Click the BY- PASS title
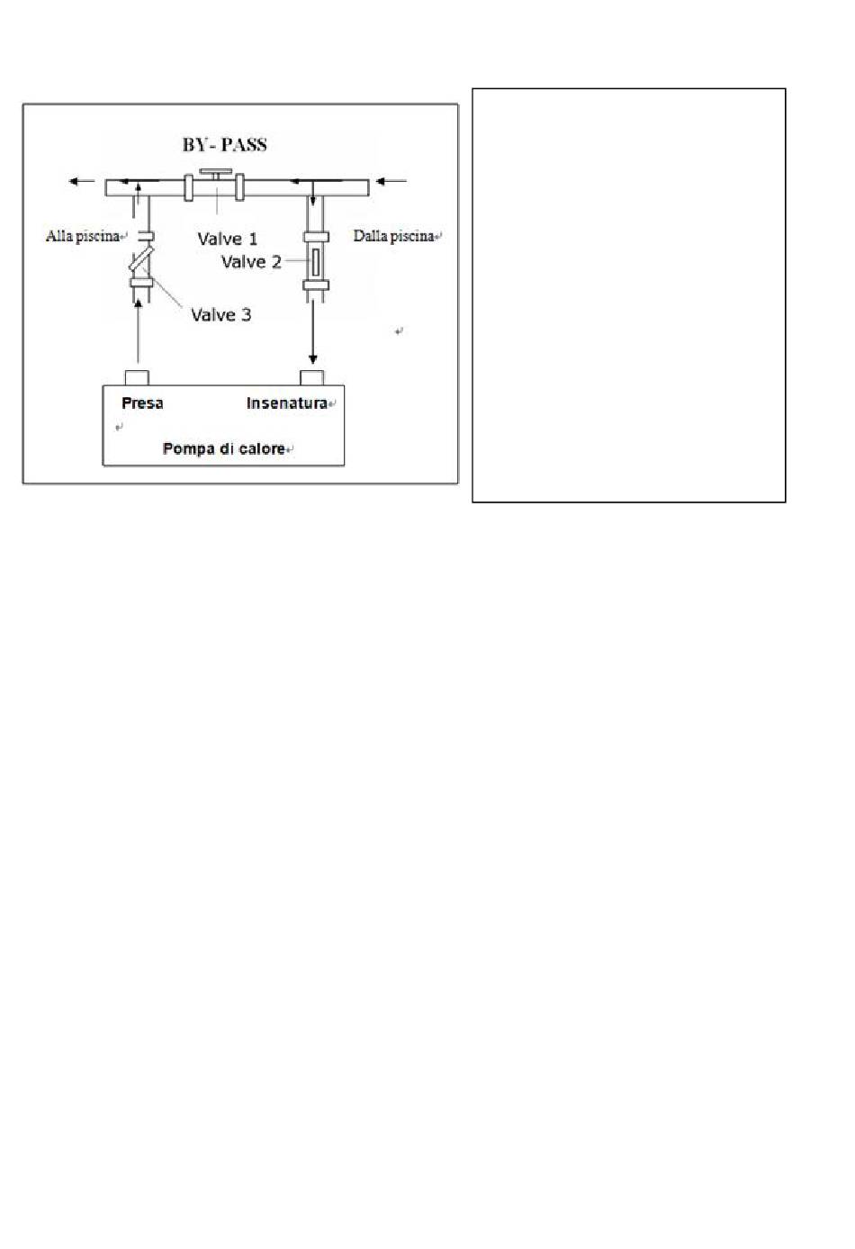224,145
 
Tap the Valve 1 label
227,239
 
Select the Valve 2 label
251,262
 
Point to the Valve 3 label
220,315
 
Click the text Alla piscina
83,237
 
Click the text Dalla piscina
393,236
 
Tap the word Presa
142,403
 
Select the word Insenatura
286,403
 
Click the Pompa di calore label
224,448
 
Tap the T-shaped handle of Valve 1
216,172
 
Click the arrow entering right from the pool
391,182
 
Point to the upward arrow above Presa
138,333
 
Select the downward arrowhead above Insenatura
313,358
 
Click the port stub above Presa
137,377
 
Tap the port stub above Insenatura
311,377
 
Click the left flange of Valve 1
189,187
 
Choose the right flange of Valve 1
240,187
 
